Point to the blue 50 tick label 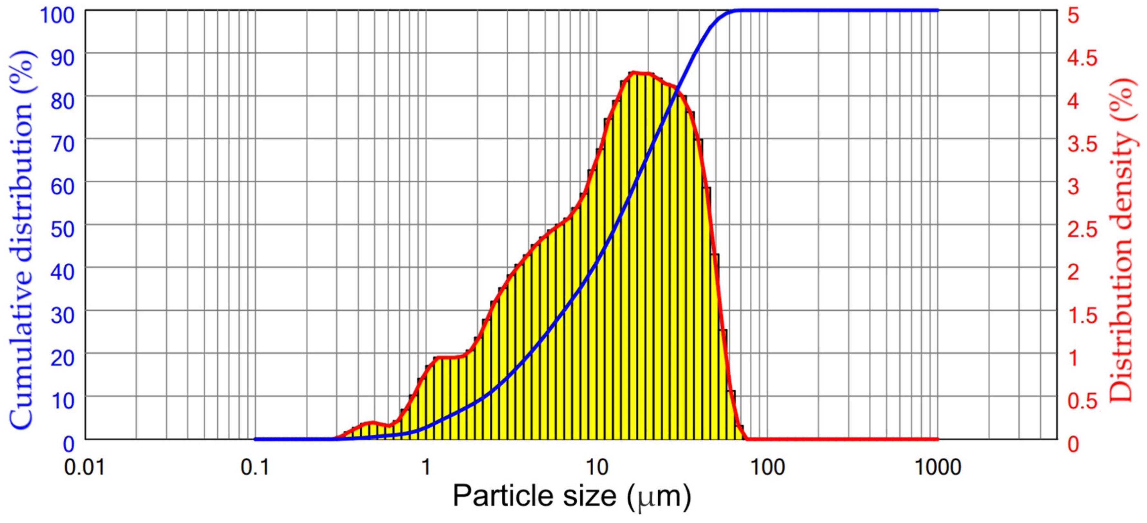[x=62, y=229]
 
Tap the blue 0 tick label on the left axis [x=69, y=444]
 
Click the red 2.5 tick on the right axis [x=1082, y=229]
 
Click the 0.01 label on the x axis [x=85, y=467]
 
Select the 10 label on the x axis [x=597, y=467]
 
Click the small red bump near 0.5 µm [x=372, y=422]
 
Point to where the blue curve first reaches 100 [x=737, y=10]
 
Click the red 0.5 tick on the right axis [x=1082, y=401]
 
